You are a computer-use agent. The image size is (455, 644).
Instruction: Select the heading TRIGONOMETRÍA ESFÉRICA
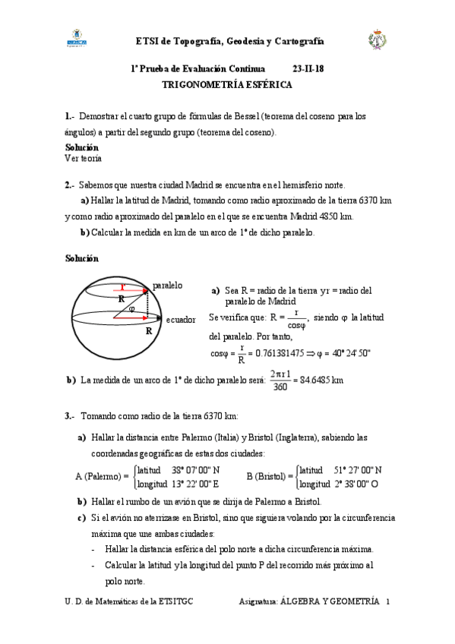pos(226,85)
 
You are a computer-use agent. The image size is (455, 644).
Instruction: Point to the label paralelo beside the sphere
pos(167,286)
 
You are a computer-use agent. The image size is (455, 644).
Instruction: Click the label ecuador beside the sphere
pos(181,320)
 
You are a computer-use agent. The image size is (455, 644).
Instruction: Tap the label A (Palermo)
pos(102,476)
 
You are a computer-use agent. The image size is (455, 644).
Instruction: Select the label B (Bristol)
pos(270,476)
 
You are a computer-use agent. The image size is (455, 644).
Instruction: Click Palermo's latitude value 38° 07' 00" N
pos(195,469)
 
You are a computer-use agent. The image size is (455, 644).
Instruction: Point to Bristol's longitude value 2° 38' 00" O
pos(359,483)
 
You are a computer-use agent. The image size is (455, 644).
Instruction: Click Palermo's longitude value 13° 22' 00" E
pos(195,483)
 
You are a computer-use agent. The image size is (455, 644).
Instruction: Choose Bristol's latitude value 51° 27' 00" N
pos(358,469)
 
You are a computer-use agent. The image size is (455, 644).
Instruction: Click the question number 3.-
pos(69,415)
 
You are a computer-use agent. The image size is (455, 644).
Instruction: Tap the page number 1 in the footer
pos(387,601)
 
